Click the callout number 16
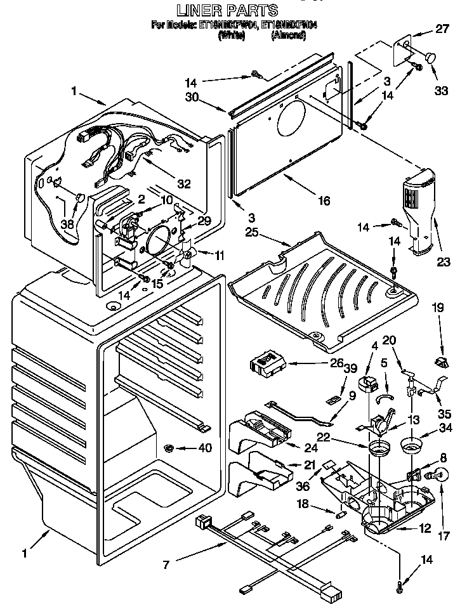pyautogui.click(x=324, y=200)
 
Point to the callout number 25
pyautogui.click(x=253, y=232)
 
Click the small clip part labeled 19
pyautogui.click(x=441, y=361)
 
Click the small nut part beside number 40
pyautogui.click(x=169, y=448)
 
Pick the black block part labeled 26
pyautogui.click(x=266, y=365)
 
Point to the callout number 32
pyautogui.click(x=183, y=185)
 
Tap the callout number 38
pyautogui.click(x=67, y=224)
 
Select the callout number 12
pyautogui.click(x=425, y=528)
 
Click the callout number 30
pyautogui.click(x=192, y=97)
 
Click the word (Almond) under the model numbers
pyautogui.click(x=289, y=36)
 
